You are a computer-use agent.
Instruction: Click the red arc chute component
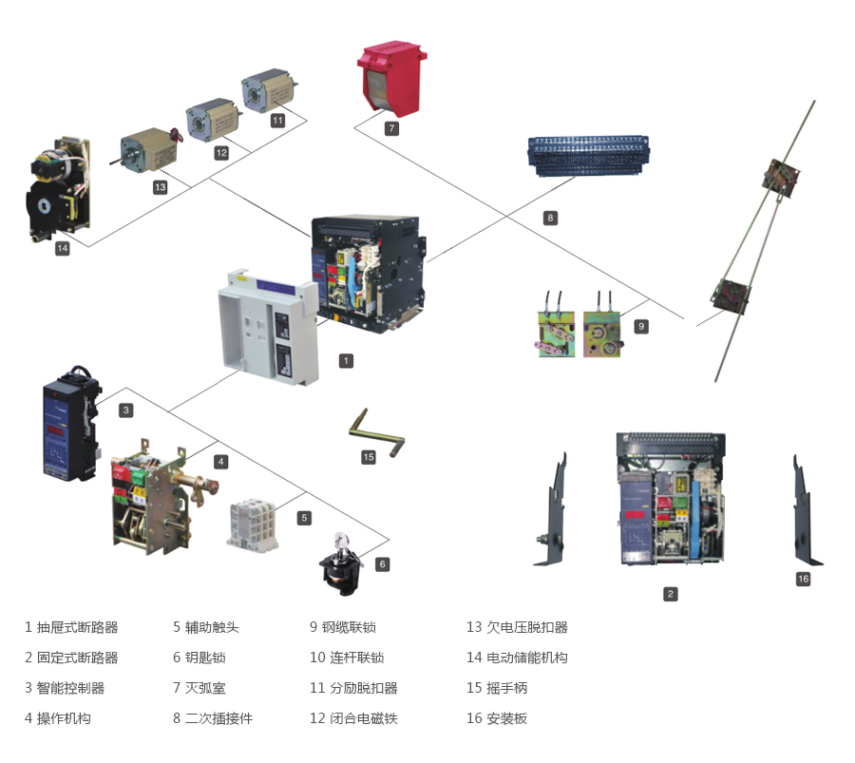[391, 77]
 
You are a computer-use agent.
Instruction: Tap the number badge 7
[391, 127]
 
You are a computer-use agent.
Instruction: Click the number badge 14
[63, 248]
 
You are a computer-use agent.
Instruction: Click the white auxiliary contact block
[256, 522]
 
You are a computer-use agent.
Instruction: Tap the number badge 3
[126, 410]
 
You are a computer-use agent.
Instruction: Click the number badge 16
[803, 579]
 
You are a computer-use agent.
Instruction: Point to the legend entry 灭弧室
[205, 688]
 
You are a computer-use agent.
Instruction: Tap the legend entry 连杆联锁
[355, 658]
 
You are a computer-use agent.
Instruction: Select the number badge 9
[641, 326]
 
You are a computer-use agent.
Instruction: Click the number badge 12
[221, 153]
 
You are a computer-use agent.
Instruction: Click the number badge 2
[671, 595]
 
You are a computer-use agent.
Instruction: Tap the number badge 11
[277, 121]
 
